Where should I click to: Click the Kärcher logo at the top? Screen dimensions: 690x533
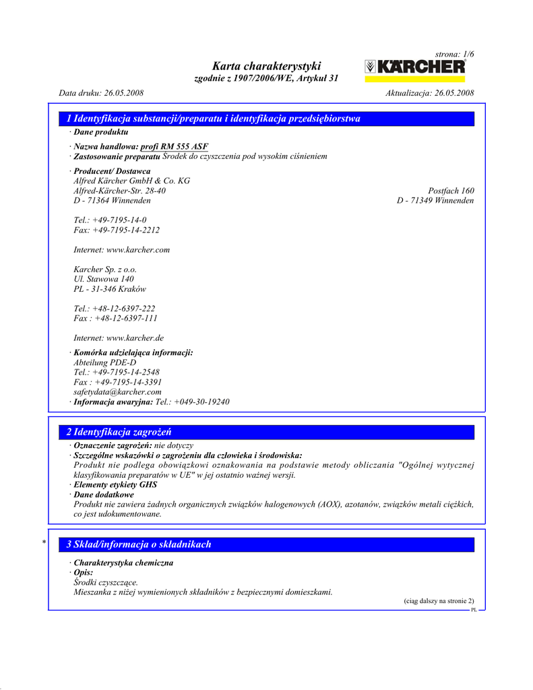tap(415, 67)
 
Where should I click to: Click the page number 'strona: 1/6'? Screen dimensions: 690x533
tap(455, 53)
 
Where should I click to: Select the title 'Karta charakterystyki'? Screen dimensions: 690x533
tap(266, 66)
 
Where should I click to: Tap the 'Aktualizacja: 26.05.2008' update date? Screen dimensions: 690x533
tap(429, 93)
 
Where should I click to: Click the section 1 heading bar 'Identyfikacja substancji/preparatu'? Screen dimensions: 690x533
tap(213, 119)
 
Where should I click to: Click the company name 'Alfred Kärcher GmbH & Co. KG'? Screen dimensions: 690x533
tap(131, 181)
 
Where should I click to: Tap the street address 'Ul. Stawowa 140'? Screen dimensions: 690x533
tap(104, 279)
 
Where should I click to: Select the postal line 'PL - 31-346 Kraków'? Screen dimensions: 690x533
tap(110, 289)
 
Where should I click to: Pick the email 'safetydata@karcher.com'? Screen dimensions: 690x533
tap(117, 391)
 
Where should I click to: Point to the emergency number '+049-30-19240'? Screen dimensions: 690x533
tap(201, 402)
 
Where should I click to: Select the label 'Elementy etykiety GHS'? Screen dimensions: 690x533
tap(115, 484)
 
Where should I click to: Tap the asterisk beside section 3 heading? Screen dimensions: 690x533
tap(44, 542)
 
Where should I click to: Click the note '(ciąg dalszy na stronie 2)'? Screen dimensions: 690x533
tap(439, 600)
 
